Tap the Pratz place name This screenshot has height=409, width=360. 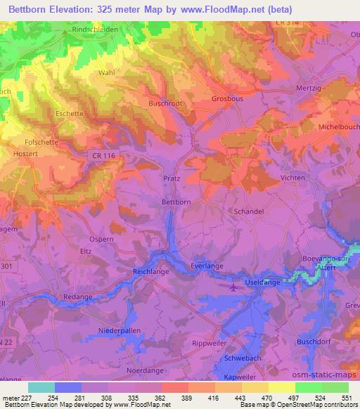click(x=172, y=178)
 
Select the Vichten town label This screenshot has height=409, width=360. click(x=292, y=178)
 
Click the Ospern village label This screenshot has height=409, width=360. click(x=102, y=239)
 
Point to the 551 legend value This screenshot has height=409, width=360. click(x=347, y=398)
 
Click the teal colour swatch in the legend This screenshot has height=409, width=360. click(x=41, y=387)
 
